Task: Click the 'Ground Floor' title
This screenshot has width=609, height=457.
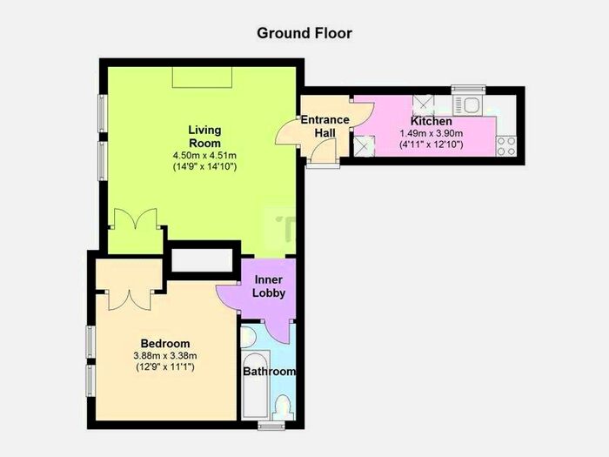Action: [x=304, y=33]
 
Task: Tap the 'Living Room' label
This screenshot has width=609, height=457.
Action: [x=204, y=137]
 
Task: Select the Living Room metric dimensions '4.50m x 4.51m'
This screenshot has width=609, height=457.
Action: [x=204, y=155]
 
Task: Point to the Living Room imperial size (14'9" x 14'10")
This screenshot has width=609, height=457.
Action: [x=204, y=166]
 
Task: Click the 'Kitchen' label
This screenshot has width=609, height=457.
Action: [x=432, y=121]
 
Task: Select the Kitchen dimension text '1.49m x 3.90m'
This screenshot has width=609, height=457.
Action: [x=432, y=134]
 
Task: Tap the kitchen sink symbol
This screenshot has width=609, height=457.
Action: [x=471, y=104]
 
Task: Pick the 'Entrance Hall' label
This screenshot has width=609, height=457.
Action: [x=325, y=126]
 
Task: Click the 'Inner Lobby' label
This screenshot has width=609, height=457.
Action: [x=270, y=286]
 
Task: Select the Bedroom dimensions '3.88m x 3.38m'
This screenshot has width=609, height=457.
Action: [x=165, y=356]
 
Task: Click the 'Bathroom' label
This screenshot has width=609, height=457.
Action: [x=269, y=372]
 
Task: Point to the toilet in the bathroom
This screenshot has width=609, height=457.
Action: [x=282, y=407]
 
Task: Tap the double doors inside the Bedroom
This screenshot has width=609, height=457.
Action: [x=132, y=296]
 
